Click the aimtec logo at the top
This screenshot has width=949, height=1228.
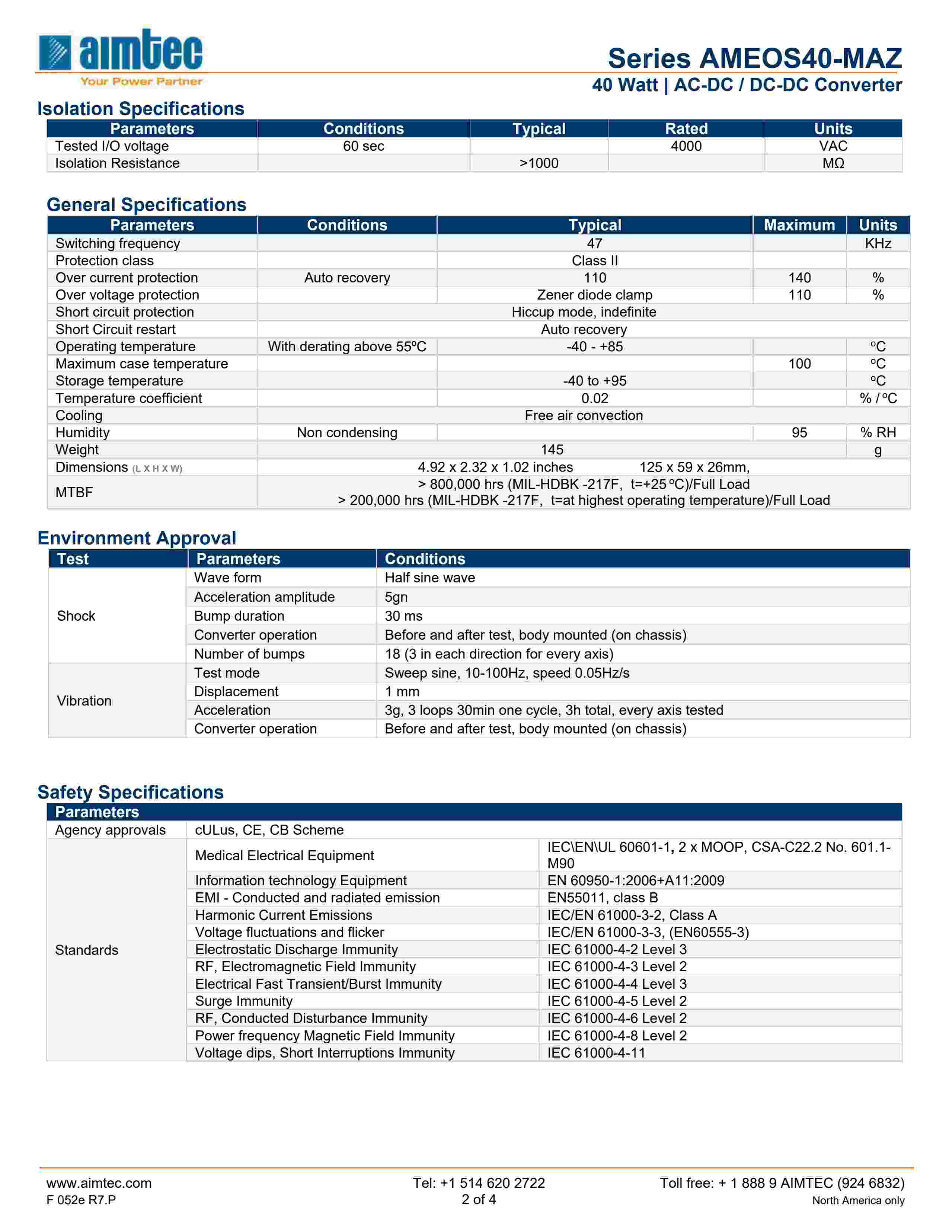(x=120, y=56)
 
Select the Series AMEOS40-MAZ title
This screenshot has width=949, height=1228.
(x=754, y=58)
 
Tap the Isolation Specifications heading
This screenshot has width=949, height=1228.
(x=141, y=109)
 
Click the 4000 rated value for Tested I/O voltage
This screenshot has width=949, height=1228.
(x=686, y=146)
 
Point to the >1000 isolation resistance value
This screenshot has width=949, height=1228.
(x=539, y=163)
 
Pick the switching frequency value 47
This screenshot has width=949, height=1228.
(x=594, y=243)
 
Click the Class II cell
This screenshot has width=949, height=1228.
(x=594, y=261)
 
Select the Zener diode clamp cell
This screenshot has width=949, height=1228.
(x=594, y=295)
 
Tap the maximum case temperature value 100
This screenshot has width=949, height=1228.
(x=799, y=364)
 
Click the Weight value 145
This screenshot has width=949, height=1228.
(x=552, y=450)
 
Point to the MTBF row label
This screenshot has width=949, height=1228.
(x=74, y=493)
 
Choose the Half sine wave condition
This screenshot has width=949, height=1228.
(x=429, y=578)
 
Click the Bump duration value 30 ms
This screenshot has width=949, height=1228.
(x=403, y=616)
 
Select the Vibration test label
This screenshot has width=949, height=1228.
(x=84, y=701)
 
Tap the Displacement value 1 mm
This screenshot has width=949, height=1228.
(x=402, y=692)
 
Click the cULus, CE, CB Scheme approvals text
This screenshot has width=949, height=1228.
(x=269, y=831)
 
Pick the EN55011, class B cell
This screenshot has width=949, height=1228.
(x=602, y=898)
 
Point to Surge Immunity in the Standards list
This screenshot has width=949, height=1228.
(x=243, y=1001)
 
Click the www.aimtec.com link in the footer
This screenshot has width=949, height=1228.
(x=99, y=1183)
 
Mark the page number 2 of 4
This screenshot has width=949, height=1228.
(x=479, y=1200)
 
